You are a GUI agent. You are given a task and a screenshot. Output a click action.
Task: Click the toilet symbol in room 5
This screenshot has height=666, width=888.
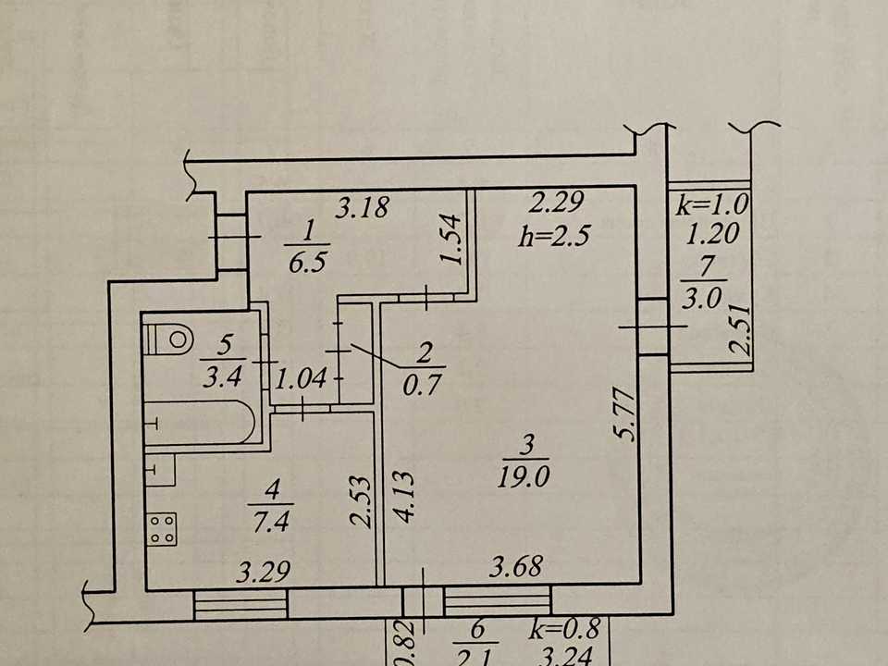(169, 339)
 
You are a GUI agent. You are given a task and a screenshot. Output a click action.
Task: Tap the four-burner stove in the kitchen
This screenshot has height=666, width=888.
(161, 529)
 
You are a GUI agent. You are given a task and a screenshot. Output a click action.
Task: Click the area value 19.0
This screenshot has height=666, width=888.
(524, 477)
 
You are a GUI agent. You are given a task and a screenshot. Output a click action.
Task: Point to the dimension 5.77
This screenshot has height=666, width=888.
(626, 413)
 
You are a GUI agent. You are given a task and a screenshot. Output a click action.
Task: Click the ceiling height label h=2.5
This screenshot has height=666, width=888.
(555, 234)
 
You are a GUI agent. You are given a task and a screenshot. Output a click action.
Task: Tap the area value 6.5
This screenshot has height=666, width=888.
(307, 263)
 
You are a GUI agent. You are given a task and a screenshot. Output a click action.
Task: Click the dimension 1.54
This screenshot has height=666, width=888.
(452, 239)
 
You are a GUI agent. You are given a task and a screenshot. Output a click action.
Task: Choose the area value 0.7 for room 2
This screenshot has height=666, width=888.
(422, 385)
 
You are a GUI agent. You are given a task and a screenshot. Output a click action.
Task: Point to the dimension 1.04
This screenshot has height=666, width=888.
(301, 377)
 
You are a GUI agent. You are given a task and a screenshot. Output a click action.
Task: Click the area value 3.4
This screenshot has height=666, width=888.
(223, 376)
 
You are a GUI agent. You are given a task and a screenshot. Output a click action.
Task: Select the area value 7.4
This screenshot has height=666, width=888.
(271, 521)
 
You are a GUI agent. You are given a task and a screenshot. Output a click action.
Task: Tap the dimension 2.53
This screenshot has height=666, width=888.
(360, 502)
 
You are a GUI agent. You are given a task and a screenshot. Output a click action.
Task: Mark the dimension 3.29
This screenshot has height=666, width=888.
(264, 572)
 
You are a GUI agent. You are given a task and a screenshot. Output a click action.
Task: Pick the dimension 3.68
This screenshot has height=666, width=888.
(516, 566)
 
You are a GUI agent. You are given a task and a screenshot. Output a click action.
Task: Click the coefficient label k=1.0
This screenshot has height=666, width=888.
(712, 204)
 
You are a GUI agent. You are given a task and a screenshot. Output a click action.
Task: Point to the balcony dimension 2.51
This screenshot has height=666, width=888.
(740, 330)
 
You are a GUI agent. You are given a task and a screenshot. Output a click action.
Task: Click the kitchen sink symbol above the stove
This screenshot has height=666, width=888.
(160, 470)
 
